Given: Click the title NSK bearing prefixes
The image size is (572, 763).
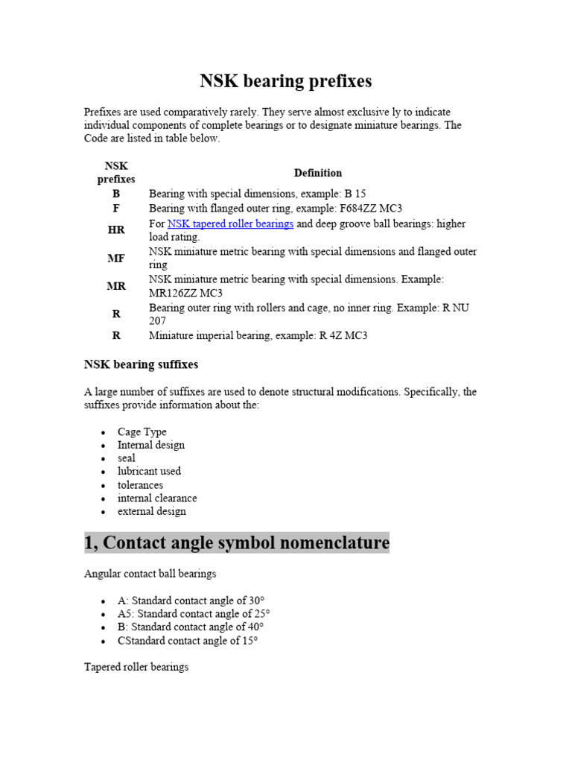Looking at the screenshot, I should tap(285, 80).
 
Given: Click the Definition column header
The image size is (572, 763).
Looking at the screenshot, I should tap(317, 173).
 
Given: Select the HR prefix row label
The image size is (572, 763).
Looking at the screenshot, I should tap(116, 230).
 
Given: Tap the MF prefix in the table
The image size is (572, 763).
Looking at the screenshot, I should tap(116, 259).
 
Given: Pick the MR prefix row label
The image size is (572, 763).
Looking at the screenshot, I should tap(116, 286).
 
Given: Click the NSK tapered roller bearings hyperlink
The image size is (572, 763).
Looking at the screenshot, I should tap(230, 224).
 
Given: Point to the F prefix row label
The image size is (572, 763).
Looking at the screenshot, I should tap(116, 209).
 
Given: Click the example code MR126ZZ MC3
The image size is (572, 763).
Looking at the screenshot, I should tap(185, 293).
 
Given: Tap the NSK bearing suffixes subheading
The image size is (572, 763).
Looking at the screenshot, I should tap(141, 365).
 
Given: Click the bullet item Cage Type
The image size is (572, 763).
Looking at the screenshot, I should tap(142, 431).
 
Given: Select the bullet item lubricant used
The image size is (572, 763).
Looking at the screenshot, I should tap(149, 471).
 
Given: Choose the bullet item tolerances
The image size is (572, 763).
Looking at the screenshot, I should tap(140, 484).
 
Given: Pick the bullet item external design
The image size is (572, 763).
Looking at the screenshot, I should tap(151, 511).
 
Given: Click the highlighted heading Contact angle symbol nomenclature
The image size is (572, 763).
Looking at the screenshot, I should tap(237, 543).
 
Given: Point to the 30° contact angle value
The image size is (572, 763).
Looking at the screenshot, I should tap(253, 601).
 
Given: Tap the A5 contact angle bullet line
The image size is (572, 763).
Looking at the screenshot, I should tap(194, 614).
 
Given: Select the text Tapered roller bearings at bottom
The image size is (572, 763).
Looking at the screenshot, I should tap(136, 667).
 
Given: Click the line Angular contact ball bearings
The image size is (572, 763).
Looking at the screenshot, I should tap(150, 574).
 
